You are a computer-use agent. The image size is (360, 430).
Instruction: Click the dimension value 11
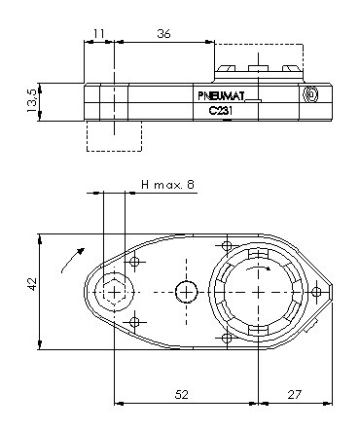coord(99,33)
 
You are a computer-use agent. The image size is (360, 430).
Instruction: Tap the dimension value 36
coord(163,33)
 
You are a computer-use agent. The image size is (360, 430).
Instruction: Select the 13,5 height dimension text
coord(32,100)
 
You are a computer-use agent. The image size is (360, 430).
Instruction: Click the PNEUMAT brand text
coord(221,96)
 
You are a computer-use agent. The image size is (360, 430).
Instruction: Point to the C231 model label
coord(221,111)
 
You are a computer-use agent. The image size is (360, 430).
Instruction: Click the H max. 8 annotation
coord(168,185)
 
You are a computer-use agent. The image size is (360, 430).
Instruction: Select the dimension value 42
coord(32,284)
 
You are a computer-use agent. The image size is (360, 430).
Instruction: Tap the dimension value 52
coord(182,394)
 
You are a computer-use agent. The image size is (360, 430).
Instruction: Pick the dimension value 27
coord(295,394)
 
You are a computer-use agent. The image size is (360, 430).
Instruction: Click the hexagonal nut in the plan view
coord(114,293)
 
